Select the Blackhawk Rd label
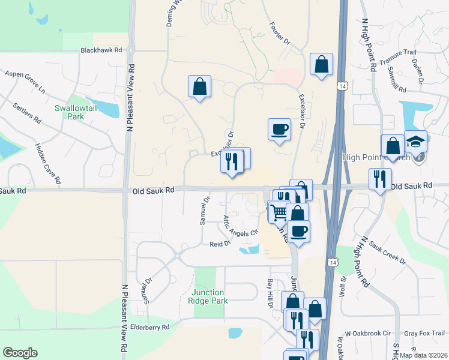(101, 51)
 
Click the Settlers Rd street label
(28, 113)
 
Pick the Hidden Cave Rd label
(48, 163)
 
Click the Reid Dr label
(220, 244)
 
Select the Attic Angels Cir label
(241, 225)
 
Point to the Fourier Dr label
(280, 35)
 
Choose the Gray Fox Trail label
(424, 333)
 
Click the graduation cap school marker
(415, 143)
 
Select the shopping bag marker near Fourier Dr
(321, 64)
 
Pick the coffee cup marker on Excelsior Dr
(279, 129)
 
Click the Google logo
(20, 353)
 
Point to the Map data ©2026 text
(424, 355)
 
